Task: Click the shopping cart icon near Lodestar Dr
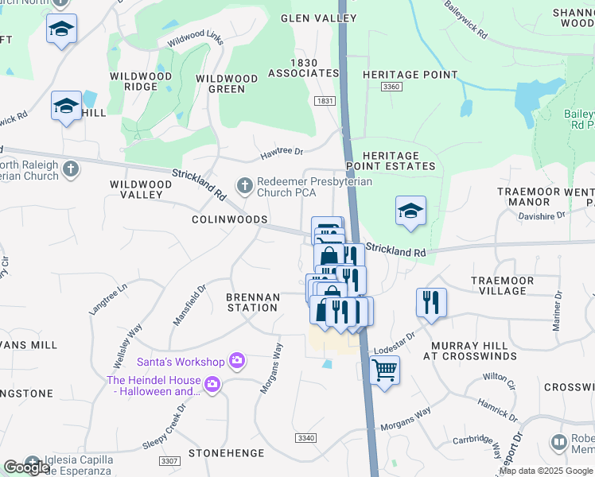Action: tap(384, 369)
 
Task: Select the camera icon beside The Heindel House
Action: tap(212, 386)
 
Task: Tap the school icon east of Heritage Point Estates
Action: tap(410, 211)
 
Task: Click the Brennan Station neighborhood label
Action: tap(253, 303)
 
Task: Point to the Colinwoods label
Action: tap(229, 219)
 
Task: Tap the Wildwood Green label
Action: tap(227, 84)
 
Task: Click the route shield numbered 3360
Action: tap(391, 86)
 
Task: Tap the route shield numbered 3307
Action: tap(169, 460)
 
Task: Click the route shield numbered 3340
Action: tap(305, 438)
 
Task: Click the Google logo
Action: tap(26, 467)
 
